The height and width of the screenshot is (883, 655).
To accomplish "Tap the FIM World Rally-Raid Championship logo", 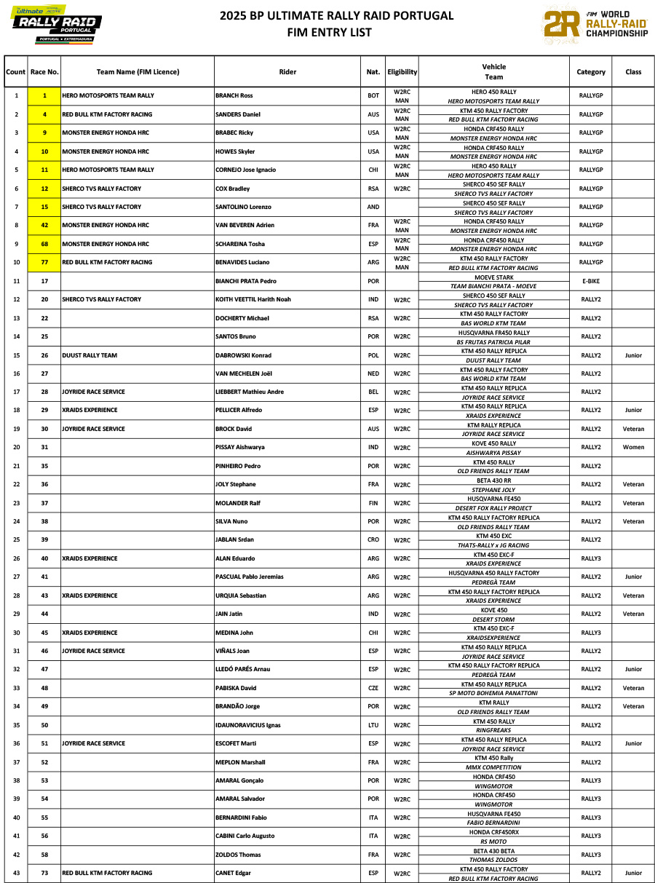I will tap(595, 24).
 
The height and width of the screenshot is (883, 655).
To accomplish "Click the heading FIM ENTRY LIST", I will tap(329, 32).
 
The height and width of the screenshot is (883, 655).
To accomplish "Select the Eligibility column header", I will tap(402, 72).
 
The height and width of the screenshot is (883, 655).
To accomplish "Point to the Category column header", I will tap(591, 72).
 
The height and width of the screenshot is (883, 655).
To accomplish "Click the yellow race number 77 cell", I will tap(44, 262).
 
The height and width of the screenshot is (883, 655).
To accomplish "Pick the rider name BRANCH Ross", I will tap(234, 96).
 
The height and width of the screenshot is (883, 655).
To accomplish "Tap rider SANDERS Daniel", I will tap(238, 114).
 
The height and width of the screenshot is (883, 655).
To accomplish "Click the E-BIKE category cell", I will tap(591, 281).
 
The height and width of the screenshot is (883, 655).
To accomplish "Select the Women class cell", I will tap(633, 448).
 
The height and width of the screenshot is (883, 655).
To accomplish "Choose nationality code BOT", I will tap(373, 96).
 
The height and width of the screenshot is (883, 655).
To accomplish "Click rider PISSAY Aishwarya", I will tap(240, 448).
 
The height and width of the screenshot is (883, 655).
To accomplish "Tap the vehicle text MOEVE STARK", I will tap(494, 277).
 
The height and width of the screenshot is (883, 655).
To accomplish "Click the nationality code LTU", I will tap(373, 725).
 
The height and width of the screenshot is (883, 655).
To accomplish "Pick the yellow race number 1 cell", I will tap(44, 96).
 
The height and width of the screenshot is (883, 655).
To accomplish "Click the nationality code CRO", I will tap(373, 540).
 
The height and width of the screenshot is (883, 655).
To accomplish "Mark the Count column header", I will tap(15, 72).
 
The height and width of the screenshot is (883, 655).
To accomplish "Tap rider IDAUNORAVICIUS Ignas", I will tap(247, 725).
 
